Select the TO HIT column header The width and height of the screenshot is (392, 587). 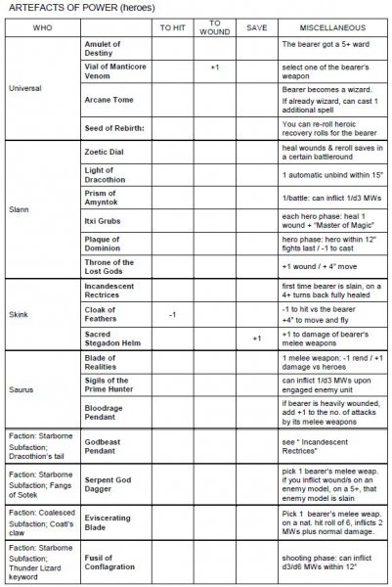point(172,27)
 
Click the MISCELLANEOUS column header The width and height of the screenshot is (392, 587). point(333,27)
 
